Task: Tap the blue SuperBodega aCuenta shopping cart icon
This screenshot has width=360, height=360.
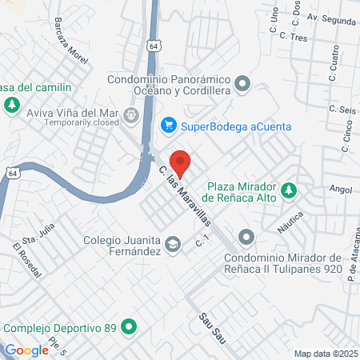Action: coord(169,126)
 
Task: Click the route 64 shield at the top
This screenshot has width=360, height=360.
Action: coord(152,47)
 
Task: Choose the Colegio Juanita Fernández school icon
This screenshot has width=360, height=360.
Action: coord(172,245)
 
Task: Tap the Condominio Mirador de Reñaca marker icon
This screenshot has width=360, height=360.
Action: coord(246,237)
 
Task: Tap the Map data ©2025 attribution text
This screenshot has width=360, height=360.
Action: coord(326,354)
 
